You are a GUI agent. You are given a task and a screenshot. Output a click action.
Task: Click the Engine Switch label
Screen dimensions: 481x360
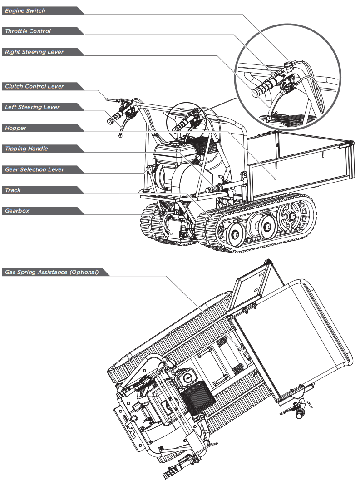coord(25,10)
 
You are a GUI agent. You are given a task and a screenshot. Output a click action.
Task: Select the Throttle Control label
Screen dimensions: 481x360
coord(28,31)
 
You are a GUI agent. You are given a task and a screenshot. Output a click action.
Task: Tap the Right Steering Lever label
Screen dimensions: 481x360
coord(34,52)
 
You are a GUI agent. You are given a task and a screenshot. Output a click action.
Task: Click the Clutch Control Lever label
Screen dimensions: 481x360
coord(35,86)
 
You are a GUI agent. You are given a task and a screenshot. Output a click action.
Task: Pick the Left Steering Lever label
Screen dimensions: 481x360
coord(32,107)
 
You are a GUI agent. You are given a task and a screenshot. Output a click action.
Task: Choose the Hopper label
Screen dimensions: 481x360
coord(16,128)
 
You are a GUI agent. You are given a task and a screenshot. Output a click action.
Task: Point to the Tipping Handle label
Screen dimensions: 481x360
coord(26,149)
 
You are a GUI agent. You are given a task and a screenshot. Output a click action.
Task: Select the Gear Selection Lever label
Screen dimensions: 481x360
coord(35,169)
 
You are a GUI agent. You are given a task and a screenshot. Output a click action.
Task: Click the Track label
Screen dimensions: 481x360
coord(13,190)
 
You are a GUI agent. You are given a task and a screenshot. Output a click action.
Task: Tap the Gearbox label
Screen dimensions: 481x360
coord(17,211)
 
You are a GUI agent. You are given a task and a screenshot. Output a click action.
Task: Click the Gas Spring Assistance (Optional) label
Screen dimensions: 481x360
coord(51,273)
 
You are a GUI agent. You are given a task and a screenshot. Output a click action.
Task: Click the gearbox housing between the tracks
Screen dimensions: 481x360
coord(174,227)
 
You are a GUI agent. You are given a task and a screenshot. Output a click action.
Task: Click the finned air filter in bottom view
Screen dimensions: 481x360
coord(194,400)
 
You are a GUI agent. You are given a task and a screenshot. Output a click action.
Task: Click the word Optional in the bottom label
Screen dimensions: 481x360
coord(83,273)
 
